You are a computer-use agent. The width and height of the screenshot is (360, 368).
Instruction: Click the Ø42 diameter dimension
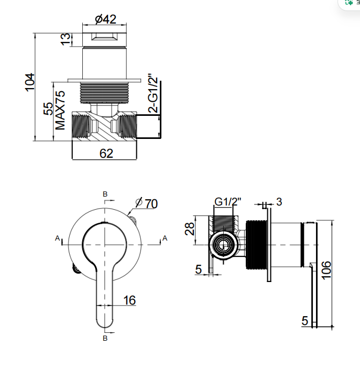106,19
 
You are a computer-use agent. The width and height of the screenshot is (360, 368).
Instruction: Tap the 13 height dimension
66,39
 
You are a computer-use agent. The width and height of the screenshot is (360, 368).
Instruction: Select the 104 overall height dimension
30,82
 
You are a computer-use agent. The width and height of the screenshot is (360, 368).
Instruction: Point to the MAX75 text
60,110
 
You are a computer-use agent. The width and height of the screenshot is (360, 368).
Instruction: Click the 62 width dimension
106,154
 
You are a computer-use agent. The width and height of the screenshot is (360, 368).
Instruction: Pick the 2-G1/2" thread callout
153,93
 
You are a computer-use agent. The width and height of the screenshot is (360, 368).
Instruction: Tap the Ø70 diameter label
147,203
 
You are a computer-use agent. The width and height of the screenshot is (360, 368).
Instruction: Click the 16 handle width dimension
129,300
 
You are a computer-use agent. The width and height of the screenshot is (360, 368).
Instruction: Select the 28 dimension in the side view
190,229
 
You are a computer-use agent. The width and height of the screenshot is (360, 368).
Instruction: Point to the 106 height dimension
326,270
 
